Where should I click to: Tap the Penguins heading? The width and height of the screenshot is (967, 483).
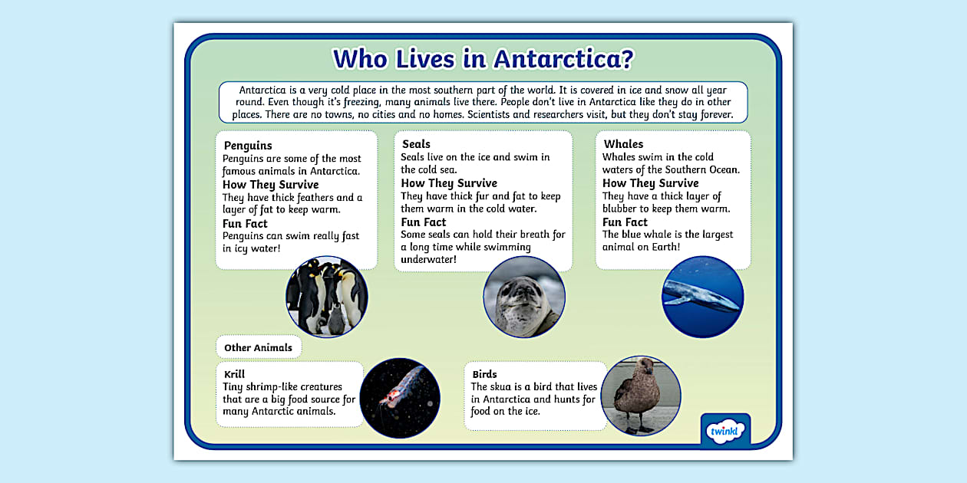248,146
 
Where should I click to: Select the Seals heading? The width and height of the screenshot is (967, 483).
416,144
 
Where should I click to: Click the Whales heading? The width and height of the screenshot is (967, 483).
623,144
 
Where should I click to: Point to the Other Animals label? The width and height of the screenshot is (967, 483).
258,347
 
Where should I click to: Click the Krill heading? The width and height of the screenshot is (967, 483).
234,374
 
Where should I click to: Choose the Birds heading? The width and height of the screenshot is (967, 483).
484,374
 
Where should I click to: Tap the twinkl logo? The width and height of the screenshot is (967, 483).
725,431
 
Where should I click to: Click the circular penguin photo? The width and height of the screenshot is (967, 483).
327,297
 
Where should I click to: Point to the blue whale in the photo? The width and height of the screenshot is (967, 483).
700,296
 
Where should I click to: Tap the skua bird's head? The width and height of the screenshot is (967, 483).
642,367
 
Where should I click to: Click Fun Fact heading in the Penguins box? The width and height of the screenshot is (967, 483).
245,224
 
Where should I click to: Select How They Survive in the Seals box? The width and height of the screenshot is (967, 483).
449,183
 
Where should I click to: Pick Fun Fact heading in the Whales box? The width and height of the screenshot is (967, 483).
625,222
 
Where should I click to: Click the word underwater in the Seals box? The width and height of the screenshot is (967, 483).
428,260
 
